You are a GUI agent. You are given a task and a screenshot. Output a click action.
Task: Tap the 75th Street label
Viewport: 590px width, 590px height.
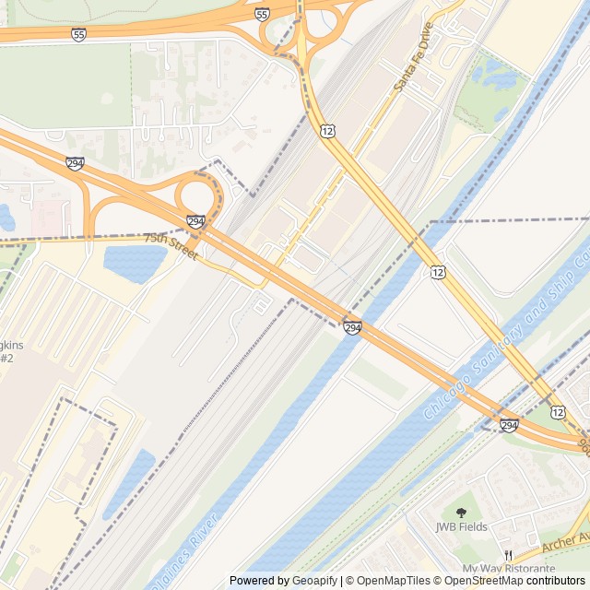pyautogui.click(x=171, y=245)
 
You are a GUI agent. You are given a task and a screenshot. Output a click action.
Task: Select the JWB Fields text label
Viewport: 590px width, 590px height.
pyautogui.click(x=462, y=527)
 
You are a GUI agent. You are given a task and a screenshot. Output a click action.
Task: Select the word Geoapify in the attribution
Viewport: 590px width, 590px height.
pyautogui.click(x=314, y=581)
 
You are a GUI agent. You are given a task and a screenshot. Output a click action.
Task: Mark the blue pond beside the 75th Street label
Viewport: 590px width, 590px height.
pyautogui.click(x=135, y=262)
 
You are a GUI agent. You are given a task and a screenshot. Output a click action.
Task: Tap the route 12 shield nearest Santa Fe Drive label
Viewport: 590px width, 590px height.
pyautogui.click(x=329, y=133)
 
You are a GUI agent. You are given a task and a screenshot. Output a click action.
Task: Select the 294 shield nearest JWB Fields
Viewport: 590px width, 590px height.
pyautogui.click(x=509, y=425)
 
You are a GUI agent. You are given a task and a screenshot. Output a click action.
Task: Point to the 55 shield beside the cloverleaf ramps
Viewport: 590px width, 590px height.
pyautogui.click(x=263, y=15)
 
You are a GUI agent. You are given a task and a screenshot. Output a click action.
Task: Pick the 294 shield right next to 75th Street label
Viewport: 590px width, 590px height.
pyautogui.click(x=195, y=222)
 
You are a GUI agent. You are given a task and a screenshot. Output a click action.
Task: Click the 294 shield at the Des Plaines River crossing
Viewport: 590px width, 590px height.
pyautogui.click(x=352, y=328)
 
